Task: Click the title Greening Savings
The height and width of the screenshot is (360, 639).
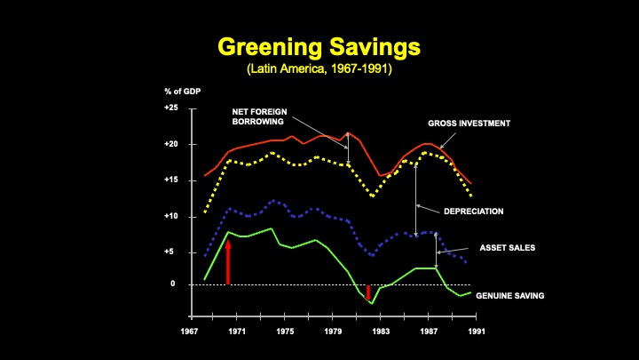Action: (x=319, y=46)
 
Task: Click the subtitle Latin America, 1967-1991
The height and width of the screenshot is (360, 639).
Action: (x=319, y=68)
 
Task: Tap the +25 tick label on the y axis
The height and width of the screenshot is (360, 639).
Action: (x=171, y=108)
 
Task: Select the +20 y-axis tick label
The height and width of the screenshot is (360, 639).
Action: (x=171, y=144)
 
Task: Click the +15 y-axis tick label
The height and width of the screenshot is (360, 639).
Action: (x=171, y=180)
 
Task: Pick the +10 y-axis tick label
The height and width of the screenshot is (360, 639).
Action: (x=171, y=216)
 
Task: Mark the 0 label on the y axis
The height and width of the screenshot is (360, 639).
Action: (x=173, y=284)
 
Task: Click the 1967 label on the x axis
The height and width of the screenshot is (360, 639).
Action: (x=190, y=332)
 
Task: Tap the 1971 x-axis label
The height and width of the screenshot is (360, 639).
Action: (x=237, y=332)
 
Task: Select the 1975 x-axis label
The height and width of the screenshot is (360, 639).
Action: (x=285, y=332)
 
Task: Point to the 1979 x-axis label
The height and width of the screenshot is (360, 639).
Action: (x=334, y=332)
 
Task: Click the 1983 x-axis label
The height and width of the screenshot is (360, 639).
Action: (x=381, y=332)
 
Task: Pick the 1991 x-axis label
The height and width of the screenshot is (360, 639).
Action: (x=477, y=332)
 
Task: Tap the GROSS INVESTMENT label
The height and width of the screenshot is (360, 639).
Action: (x=469, y=124)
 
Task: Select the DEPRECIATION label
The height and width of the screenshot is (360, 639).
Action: (x=473, y=212)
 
